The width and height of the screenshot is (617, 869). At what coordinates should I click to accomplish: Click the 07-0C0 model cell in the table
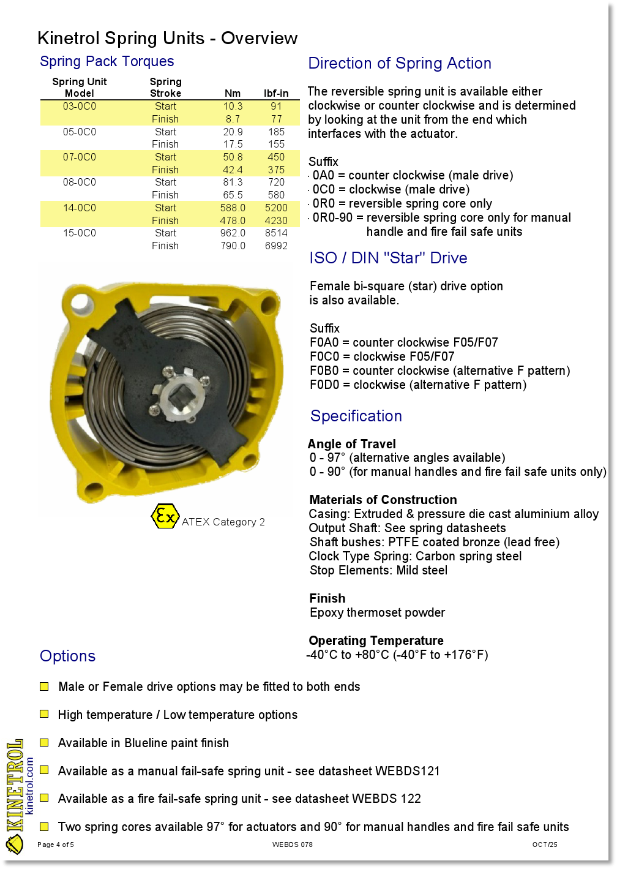coord(80,157)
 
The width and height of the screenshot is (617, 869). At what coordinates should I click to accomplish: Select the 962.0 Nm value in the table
coord(233,233)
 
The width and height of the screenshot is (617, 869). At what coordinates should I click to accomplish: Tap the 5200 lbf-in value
coord(276,208)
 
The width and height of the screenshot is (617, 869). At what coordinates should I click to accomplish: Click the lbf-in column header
coord(276,94)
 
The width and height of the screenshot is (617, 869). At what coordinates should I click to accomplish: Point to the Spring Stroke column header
coord(165,88)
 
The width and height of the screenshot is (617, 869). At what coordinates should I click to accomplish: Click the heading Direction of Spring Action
coord(400,64)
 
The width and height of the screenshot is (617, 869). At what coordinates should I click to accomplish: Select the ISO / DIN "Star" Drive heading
coord(388,258)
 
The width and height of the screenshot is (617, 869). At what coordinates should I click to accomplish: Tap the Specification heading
coord(356,416)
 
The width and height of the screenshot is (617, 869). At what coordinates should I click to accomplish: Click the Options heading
coord(68,656)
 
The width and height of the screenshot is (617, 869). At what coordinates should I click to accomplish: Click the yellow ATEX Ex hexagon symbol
coord(165,517)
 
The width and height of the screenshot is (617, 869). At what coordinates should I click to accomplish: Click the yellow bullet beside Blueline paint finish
coord(44,743)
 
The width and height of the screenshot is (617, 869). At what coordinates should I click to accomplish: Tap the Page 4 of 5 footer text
coord(56,845)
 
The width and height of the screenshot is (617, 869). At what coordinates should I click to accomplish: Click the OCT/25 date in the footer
coord(545,845)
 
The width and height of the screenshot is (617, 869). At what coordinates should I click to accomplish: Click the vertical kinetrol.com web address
coord(29,786)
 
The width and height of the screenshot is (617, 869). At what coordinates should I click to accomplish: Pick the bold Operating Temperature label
coord(376,641)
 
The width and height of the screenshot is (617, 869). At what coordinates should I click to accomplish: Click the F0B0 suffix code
coord(324,371)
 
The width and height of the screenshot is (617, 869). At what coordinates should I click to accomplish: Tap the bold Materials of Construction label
coord(383,500)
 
